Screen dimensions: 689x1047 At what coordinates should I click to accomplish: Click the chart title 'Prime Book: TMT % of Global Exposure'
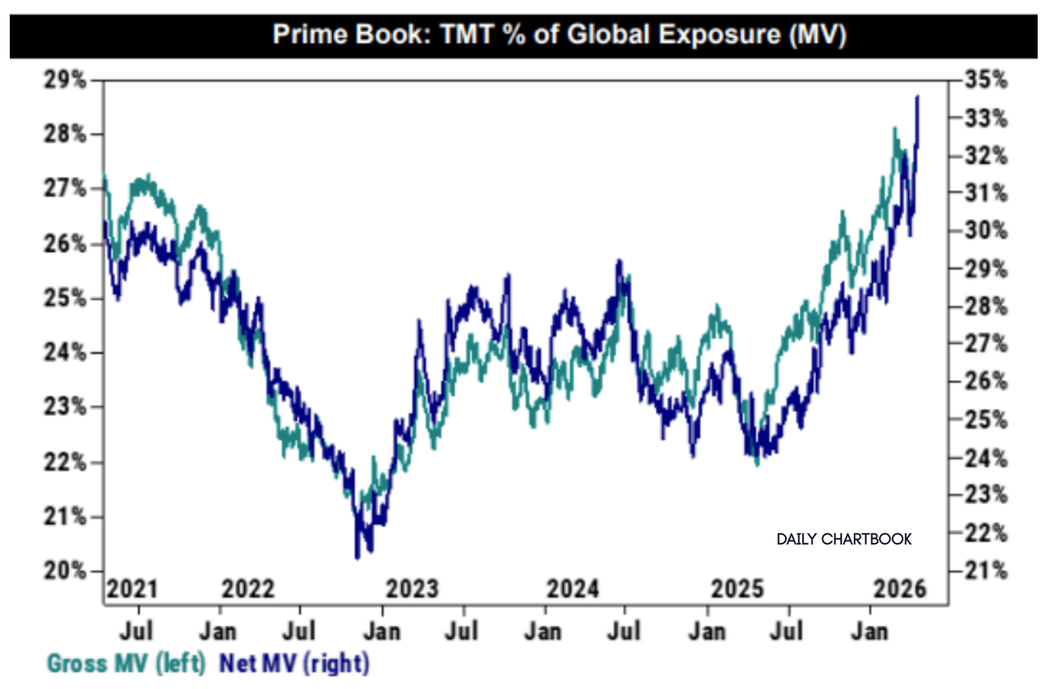(x=559, y=35)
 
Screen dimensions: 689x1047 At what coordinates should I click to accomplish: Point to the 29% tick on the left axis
(x=65, y=80)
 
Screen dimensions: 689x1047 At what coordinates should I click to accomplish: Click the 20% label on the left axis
(x=65, y=571)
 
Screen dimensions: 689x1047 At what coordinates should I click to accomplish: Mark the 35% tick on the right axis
(x=985, y=80)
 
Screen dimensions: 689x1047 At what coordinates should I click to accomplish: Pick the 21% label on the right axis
(x=985, y=571)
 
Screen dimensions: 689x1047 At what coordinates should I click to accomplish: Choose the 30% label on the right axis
(x=985, y=230)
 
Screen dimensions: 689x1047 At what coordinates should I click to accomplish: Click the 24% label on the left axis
(x=65, y=352)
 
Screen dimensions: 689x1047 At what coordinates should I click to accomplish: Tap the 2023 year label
(x=412, y=589)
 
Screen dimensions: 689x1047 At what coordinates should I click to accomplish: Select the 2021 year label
(x=132, y=589)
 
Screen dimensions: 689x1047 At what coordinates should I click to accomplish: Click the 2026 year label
(x=900, y=589)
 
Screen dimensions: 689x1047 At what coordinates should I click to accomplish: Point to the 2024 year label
(x=572, y=589)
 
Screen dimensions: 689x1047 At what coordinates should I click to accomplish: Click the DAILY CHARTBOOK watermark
(x=844, y=539)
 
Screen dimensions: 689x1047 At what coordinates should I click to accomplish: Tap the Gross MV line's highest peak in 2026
(x=895, y=129)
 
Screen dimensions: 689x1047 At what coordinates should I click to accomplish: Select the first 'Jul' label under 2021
(x=136, y=632)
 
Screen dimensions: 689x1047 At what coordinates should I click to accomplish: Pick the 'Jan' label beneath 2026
(x=869, y=632)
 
